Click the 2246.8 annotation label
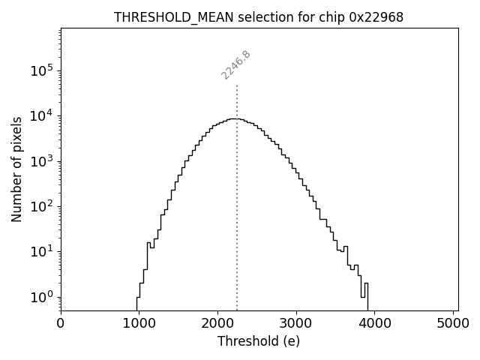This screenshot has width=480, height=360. click(235, 65)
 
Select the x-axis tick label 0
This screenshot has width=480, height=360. click(61, 323)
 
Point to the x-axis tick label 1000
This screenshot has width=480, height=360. click(139, 323)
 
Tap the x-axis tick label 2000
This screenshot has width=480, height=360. click(218, 323)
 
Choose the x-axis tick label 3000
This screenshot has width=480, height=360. click(296, 323)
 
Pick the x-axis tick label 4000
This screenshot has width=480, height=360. click(375, 323)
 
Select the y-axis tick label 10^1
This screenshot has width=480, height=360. click(42, 251)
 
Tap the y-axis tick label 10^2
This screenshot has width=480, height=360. click(42, 206)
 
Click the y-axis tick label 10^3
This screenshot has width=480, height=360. click(42, 161)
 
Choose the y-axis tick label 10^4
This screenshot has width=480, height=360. click(42, 115)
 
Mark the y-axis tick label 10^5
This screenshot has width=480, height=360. click(42, 70)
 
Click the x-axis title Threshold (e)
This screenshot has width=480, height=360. click(259, 341)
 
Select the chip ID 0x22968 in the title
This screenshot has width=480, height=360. click(376, 16)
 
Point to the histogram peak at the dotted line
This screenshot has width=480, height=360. click(237, 118)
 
